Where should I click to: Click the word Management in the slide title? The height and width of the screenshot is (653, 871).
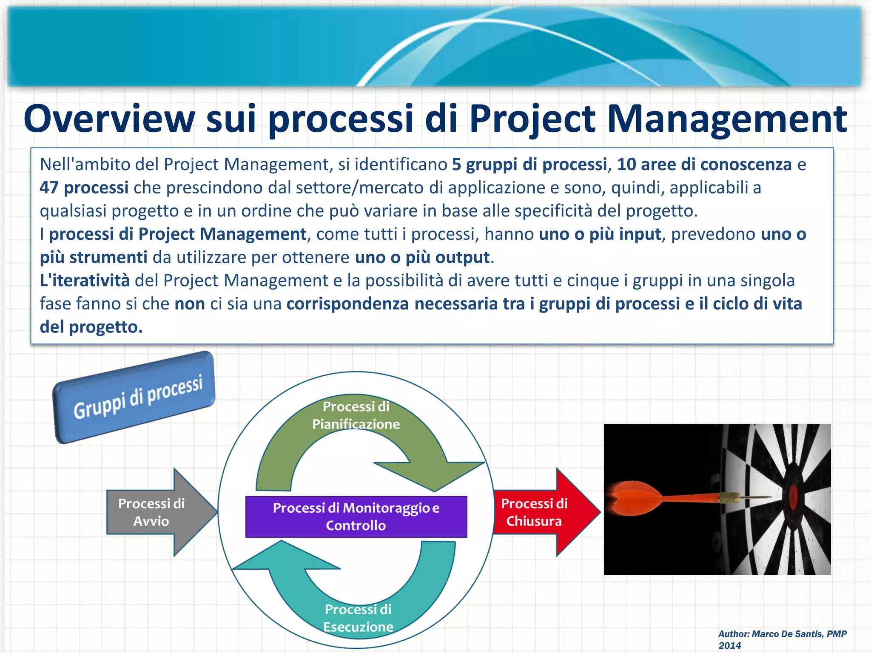coord(727,119)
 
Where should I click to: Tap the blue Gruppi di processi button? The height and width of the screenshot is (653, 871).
coord(134,397)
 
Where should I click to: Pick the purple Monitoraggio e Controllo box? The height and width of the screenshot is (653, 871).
coord(356,517)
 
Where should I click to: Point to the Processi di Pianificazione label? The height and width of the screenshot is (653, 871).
coord(356,415)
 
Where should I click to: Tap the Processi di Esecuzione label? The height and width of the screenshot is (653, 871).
coord(358,618)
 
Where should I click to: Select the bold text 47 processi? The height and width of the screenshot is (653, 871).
coord(84,187)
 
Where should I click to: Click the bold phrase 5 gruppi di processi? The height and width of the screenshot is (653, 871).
coord(529,165)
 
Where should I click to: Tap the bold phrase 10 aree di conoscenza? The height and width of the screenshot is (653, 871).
coord(704,165)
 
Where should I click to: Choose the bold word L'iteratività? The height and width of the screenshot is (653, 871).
coord(85,281)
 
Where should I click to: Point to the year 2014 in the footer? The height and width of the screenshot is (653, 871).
coord(729,645)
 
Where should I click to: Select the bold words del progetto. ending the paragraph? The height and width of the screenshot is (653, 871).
coord(91,327)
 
